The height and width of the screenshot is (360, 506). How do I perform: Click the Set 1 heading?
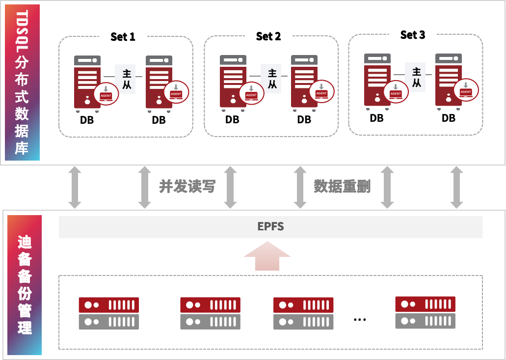coord(123,37)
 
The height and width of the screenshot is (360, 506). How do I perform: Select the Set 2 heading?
coord(268,36)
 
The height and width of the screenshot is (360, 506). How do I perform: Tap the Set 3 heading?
coord(412,35)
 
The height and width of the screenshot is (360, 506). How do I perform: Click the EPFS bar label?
coord(270,227)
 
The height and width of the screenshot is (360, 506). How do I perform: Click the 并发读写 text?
coord(187,187)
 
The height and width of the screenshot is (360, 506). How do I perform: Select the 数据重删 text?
coord(342,187)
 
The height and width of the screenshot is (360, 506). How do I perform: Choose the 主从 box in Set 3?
coord(416,78)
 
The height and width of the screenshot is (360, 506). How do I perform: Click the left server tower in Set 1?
coord(87,83)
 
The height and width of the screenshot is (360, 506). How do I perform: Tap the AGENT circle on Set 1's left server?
coord(107,93)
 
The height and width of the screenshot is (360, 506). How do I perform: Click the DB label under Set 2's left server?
coord(232,119)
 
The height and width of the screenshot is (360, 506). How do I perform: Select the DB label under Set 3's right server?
coord(448,118)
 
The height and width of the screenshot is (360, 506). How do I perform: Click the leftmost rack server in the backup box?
coord(109,313)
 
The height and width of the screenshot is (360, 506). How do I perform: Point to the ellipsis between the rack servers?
coord(360,319)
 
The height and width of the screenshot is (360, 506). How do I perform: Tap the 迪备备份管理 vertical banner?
coord(25,285)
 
